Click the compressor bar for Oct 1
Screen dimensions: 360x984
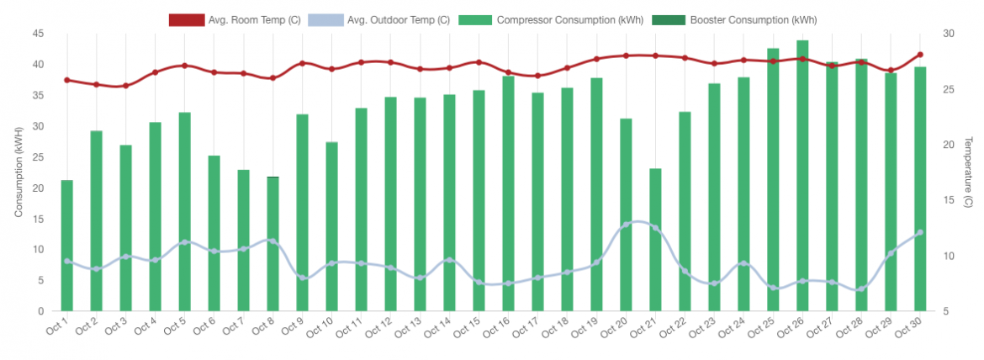pos(67,246)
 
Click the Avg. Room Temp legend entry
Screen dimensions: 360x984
pos(225,19)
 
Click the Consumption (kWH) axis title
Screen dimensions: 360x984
pos(19,172)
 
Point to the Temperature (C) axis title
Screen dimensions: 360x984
pos(968,172)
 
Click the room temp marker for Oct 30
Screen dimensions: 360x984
pos(920,55)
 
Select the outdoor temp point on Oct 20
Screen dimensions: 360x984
pos(626,225)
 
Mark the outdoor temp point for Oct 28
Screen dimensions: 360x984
pos(861,289)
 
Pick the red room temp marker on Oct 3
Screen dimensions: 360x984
pos(126,85)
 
